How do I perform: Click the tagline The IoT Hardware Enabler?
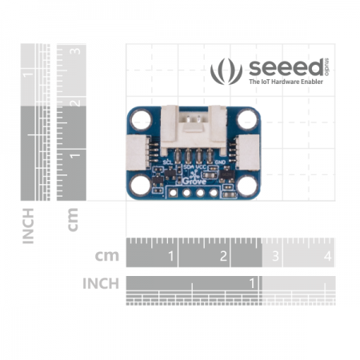point(286,82)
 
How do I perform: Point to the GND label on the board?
point(220,161)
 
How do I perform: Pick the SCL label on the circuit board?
point(167,161)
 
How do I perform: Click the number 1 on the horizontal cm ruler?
point(170,257)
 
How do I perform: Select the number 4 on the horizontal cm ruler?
point(327,257)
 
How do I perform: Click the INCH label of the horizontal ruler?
point(100,283)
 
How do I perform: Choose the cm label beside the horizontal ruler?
point(106,257)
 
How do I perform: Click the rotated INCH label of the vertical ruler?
point(29,225)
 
